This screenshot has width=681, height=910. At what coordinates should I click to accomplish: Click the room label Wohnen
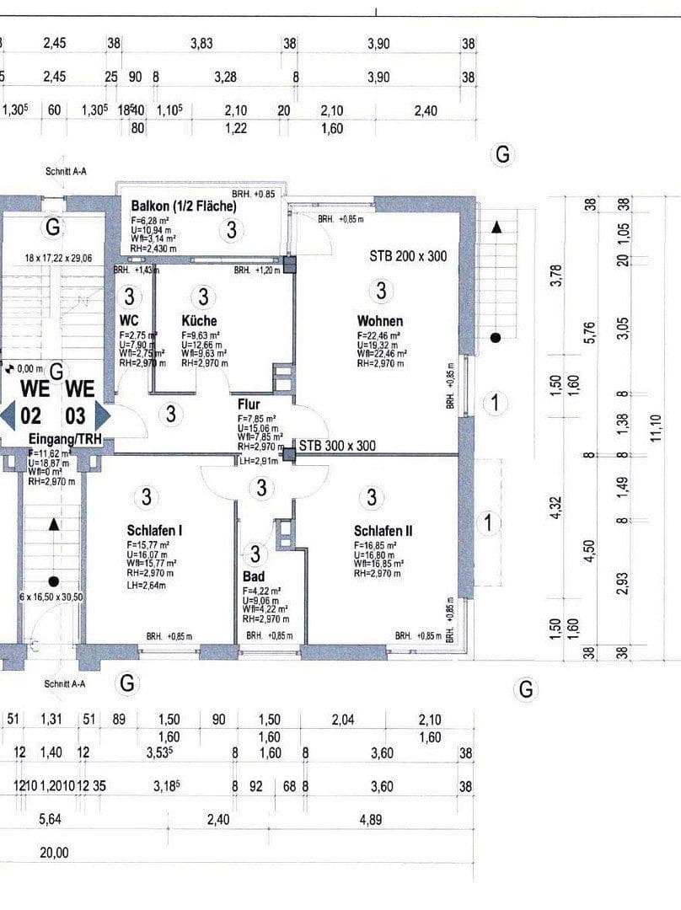pyautogui.click(x=379, y=321)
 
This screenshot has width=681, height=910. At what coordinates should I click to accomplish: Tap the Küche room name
pyautogui.click(x=199, y=321)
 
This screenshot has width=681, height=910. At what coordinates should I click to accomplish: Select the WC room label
pyautogui.click(x=129, y=321)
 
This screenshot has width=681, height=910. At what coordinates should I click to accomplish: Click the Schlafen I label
pyautogui.click(x=155, y=531)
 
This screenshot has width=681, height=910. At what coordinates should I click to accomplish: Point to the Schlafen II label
pyautogui.click(x=383, y=531)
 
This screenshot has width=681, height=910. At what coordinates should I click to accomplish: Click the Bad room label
pyautogui.click(x=252, y=576)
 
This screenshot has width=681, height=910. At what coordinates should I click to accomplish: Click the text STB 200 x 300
pyautogui.click(x=408, y=256)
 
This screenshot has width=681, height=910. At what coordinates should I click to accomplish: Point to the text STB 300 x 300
pyautogui.click(x=337, y=446)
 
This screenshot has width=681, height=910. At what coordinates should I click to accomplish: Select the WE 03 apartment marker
pyautogui.click(x=80, y=403)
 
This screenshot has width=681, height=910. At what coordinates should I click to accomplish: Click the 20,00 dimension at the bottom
pyautogui.click(x=54, y=853)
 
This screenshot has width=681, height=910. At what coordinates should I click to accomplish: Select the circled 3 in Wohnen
pyautogui.click(x=381, y=292)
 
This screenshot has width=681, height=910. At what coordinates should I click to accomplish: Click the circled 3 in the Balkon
pyautogui.click(x=231, y=229)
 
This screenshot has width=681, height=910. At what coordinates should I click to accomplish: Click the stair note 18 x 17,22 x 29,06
pyautogui.click(x=57, y=259)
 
